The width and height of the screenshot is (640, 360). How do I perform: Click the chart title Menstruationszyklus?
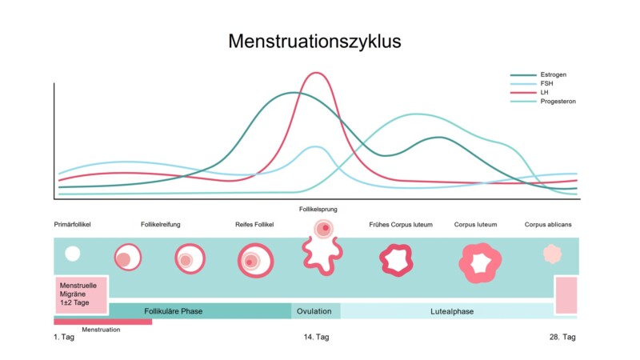click(x=314, y=41)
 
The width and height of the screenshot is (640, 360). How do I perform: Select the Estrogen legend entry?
click(x=554, y=75)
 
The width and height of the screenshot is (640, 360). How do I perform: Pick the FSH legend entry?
click(x=547, y=84)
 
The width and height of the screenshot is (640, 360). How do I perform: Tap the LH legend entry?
click(x=546, y=93)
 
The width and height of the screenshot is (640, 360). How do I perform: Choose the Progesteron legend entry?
click(x=558, y=102)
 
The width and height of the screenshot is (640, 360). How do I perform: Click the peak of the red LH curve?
click(x=318, y=74)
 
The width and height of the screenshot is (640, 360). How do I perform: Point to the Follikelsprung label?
click(x=318, y=209)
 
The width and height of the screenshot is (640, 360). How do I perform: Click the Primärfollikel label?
click(x=72, y=225)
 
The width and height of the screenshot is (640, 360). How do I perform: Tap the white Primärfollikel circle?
click(x=72, y=254)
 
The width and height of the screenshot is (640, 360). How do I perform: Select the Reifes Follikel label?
click(x=254, y=225)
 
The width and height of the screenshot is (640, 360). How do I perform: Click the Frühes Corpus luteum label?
click(x=400, y=225)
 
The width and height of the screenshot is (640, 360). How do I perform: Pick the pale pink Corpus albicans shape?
click(x=553, y=254)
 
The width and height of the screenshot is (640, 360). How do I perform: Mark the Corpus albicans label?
click(x=548, y=225)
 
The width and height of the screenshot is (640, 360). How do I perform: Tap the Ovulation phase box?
click(x=315, y=310)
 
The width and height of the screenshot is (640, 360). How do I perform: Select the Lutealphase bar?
click(x=447, y=310)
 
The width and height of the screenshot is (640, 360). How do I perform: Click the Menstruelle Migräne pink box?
click(x=81, y=294)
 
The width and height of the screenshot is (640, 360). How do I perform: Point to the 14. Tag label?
click(x=316, y=337)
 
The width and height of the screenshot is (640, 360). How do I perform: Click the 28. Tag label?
click(x=562, y=337)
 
